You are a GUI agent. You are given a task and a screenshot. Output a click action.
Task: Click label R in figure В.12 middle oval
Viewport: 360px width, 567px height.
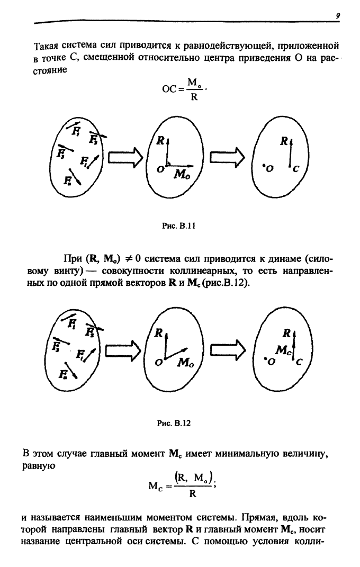coord(157,334)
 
